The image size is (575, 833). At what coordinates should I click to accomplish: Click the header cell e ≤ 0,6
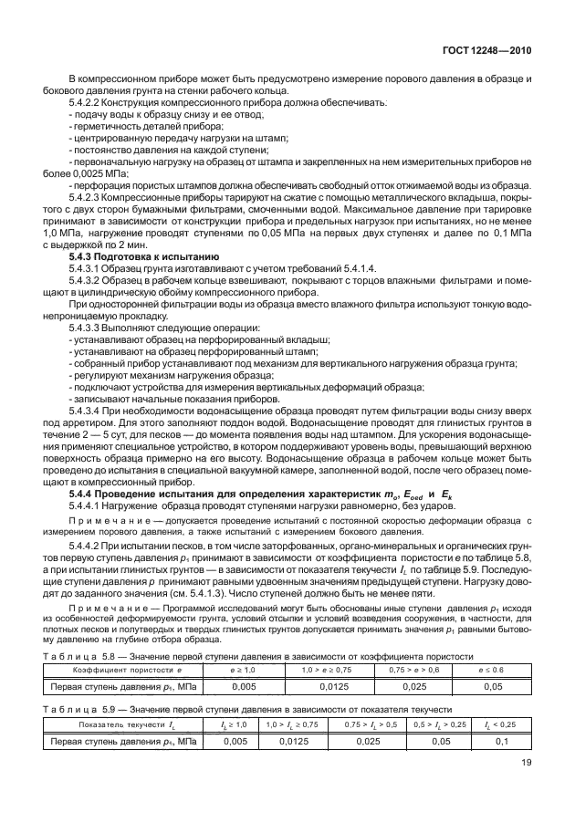click(491, 669)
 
